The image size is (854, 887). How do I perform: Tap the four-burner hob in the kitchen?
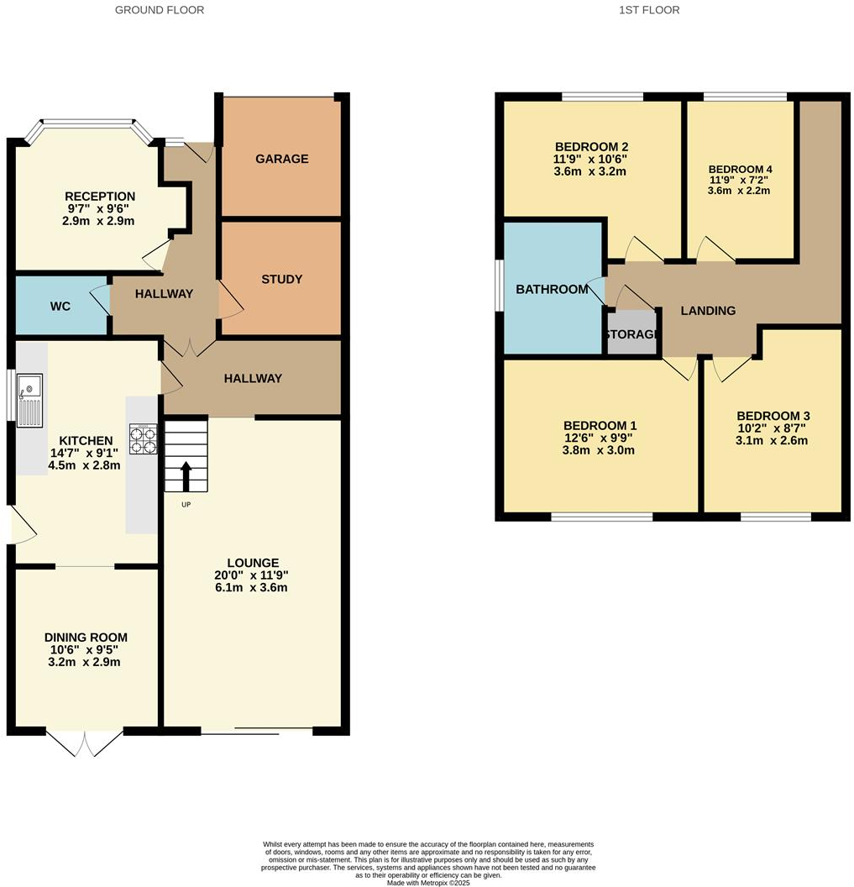pyautogui.click(x=143, y=439)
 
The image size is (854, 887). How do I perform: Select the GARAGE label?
pyautogui.click(x=281, y=159)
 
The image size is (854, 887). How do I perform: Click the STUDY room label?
pyautogui.click(x=281, y=279)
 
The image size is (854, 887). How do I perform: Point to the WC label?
pyautogui.click(x=60, y=307)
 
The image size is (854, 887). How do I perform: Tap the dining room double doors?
pyautogui.click(x=85, y=742)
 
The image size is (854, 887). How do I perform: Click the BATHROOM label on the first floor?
pyautogui.click(x=552, y=289)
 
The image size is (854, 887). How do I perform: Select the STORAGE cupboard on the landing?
pyautogui.click(x=631, y=333)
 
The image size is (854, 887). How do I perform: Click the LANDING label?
pyautogui.click(x=708, y=311)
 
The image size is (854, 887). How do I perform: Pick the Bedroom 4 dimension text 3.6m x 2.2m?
pyautogui.click(x=739, y=191)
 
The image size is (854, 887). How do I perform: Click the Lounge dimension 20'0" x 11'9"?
pyautogui.click(x=252, y=575)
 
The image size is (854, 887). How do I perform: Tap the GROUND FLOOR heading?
pyautogui.click(x=159, y=10)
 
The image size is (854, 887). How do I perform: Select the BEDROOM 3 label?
pyautogui.click(x=773, y=416)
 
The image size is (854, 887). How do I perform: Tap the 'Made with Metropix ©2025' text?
pyautogui.click(x=427, y=883)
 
